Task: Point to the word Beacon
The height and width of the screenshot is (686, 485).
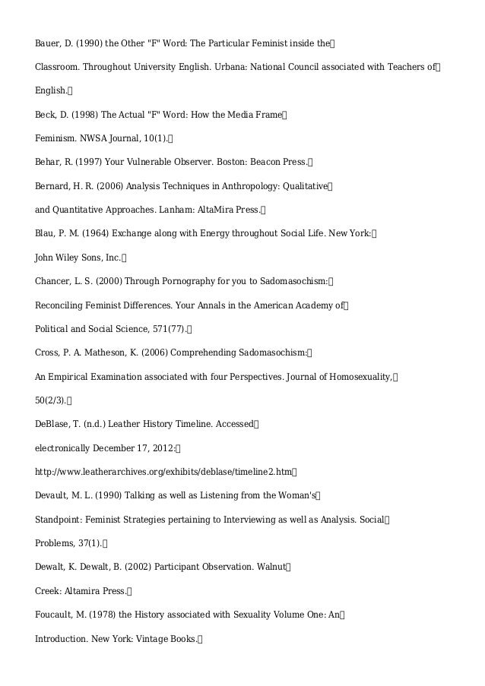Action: [x=257, y=162]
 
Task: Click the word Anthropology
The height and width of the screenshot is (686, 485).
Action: [x=238, y=185]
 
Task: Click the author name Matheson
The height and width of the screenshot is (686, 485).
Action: [x=113, y=352]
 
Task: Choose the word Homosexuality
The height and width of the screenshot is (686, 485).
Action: [x=358, y=377]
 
